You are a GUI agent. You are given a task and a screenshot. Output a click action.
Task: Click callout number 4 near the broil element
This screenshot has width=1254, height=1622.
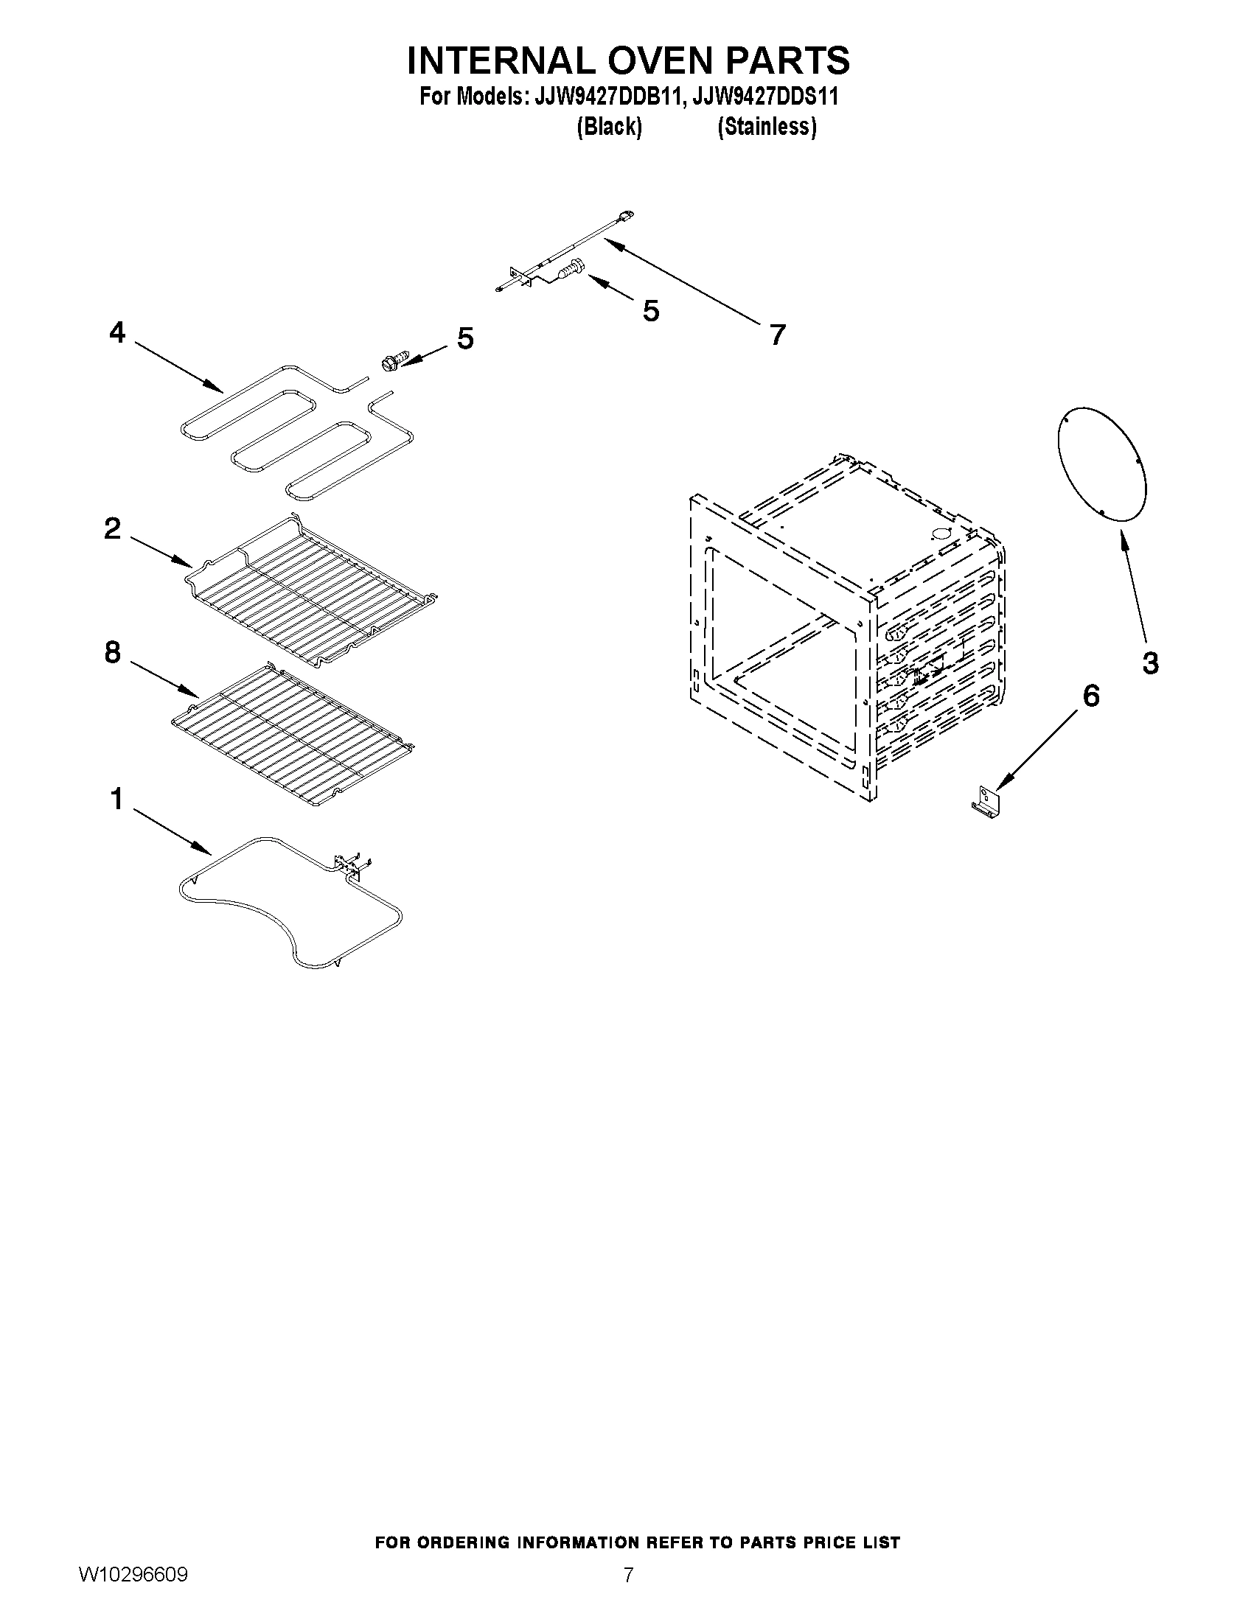point(116,332)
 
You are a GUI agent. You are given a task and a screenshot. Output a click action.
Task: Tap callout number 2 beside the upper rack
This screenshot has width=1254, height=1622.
point(112,529)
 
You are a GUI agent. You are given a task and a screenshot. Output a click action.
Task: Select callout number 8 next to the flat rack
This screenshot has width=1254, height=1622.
point(112,653)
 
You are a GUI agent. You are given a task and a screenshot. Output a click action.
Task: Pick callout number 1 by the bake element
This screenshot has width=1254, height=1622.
point(116,800)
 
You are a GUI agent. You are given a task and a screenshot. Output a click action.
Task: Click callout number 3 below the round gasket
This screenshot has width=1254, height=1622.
point(1150,663)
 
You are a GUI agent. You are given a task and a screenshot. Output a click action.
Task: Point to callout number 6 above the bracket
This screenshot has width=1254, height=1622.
point(1090,696)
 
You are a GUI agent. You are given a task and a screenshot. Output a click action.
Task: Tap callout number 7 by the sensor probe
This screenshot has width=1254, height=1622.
point(777,335)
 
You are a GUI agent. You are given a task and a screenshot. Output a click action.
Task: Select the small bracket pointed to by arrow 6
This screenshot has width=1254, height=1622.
point(987,805)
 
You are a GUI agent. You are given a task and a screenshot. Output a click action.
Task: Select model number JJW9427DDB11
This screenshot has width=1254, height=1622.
point(607,97)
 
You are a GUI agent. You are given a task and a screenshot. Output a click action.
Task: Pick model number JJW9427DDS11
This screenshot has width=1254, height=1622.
point(765,97)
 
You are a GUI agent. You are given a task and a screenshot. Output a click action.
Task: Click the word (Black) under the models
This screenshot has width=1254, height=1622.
point(609,127)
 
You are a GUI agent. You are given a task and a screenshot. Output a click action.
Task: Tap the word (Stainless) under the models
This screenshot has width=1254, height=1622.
point(767,127)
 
